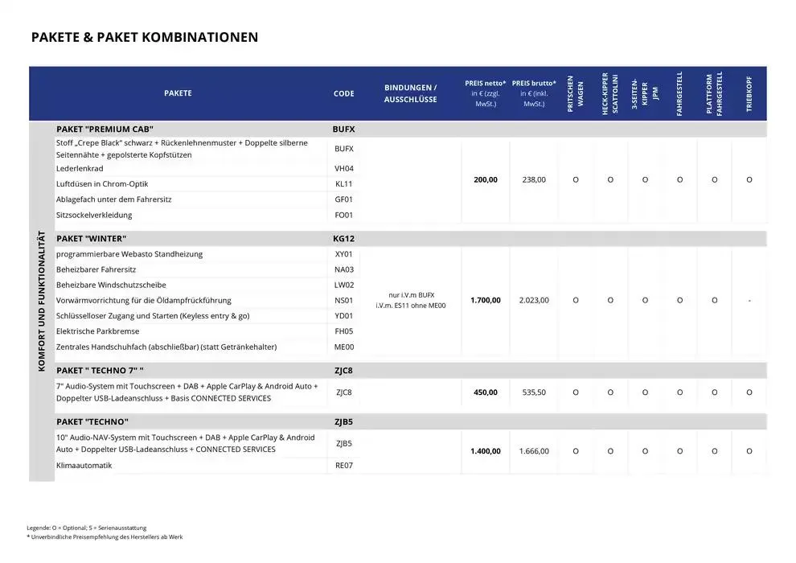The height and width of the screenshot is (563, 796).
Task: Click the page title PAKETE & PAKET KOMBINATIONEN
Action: pos(145,37)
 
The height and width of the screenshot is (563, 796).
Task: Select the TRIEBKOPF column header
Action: pos(749,93)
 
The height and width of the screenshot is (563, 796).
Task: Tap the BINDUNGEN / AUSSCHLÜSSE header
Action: pos(410,93)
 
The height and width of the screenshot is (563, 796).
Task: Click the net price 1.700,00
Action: pos(485,300)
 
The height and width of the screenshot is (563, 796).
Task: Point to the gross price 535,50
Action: pos(534,392)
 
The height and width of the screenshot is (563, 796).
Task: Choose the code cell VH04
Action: pos(343,169)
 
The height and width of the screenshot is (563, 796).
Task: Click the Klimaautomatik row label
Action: pos(84,466)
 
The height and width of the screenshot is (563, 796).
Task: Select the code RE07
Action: pos(343,466)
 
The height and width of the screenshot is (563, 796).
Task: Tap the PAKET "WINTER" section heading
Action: pos(92,239)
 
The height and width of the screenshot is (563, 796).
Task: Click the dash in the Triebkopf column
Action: pos(749,300)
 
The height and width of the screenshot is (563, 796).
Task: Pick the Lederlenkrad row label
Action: pos(80,169)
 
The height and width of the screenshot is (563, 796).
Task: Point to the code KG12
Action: pos(343,239)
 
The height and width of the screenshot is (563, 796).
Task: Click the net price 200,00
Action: pos(485,180)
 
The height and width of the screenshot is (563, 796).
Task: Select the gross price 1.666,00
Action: pos(534,451)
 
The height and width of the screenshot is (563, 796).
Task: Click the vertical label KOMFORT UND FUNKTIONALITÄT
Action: pos(42,302)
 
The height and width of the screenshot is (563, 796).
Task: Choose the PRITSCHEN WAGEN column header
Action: pos(576,93)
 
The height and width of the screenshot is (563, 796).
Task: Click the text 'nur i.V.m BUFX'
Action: pos(410,294)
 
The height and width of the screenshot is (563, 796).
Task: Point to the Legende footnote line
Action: pos(87,528)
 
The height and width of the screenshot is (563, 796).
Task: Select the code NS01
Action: pos(343,300)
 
